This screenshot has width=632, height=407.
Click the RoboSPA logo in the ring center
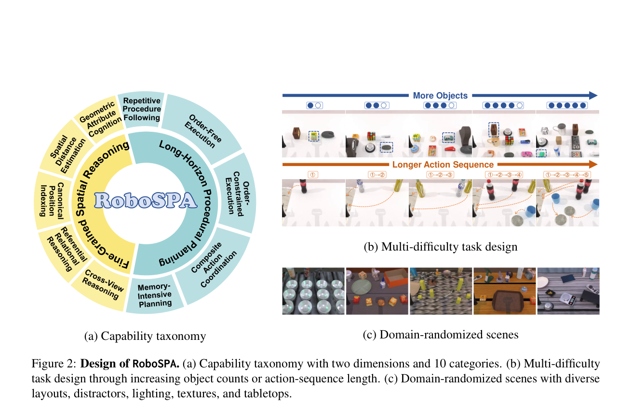tap(146, 200)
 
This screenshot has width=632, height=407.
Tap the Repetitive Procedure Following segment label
tap(142, 109)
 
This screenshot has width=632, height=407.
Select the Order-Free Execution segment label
tap(203, 131)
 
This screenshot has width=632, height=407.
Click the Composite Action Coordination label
tap(214, 265)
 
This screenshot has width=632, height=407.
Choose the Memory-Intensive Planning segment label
tap(155, 295)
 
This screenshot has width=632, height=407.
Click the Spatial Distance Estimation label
tap(67, 154)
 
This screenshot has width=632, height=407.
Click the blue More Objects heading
tap(440, 96)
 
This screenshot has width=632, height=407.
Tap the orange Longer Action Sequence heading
tap(443, 165)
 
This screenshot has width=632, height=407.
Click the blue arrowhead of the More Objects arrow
tap(593, 96)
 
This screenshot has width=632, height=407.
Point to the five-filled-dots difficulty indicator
tap(567, 105)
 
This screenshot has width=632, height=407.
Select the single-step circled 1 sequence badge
tap(312, 175)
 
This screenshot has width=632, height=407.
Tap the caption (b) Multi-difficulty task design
tap(441, 247)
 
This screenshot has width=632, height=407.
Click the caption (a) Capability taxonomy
tap(145, 336)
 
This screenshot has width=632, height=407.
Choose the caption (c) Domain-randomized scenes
tap(441, 335)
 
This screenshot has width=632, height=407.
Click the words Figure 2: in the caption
tap(54, 364)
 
